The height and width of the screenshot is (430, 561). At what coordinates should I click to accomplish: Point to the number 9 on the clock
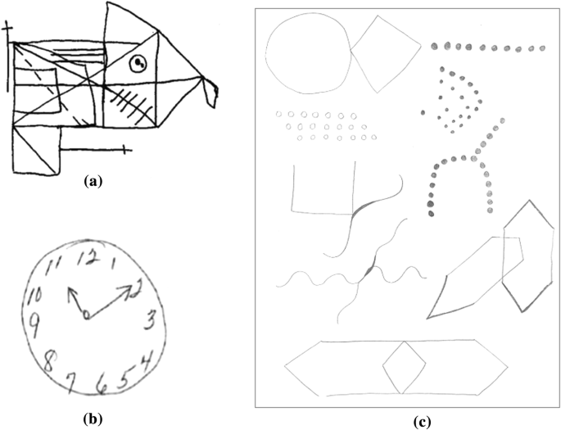[34, 322]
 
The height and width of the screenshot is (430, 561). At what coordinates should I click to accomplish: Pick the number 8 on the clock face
[49, 361]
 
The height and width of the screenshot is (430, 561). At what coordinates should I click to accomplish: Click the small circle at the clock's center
[85, 315]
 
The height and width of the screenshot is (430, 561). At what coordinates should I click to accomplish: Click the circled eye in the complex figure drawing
[139, 61]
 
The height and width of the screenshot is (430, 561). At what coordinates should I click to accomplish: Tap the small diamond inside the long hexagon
[402, 366]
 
